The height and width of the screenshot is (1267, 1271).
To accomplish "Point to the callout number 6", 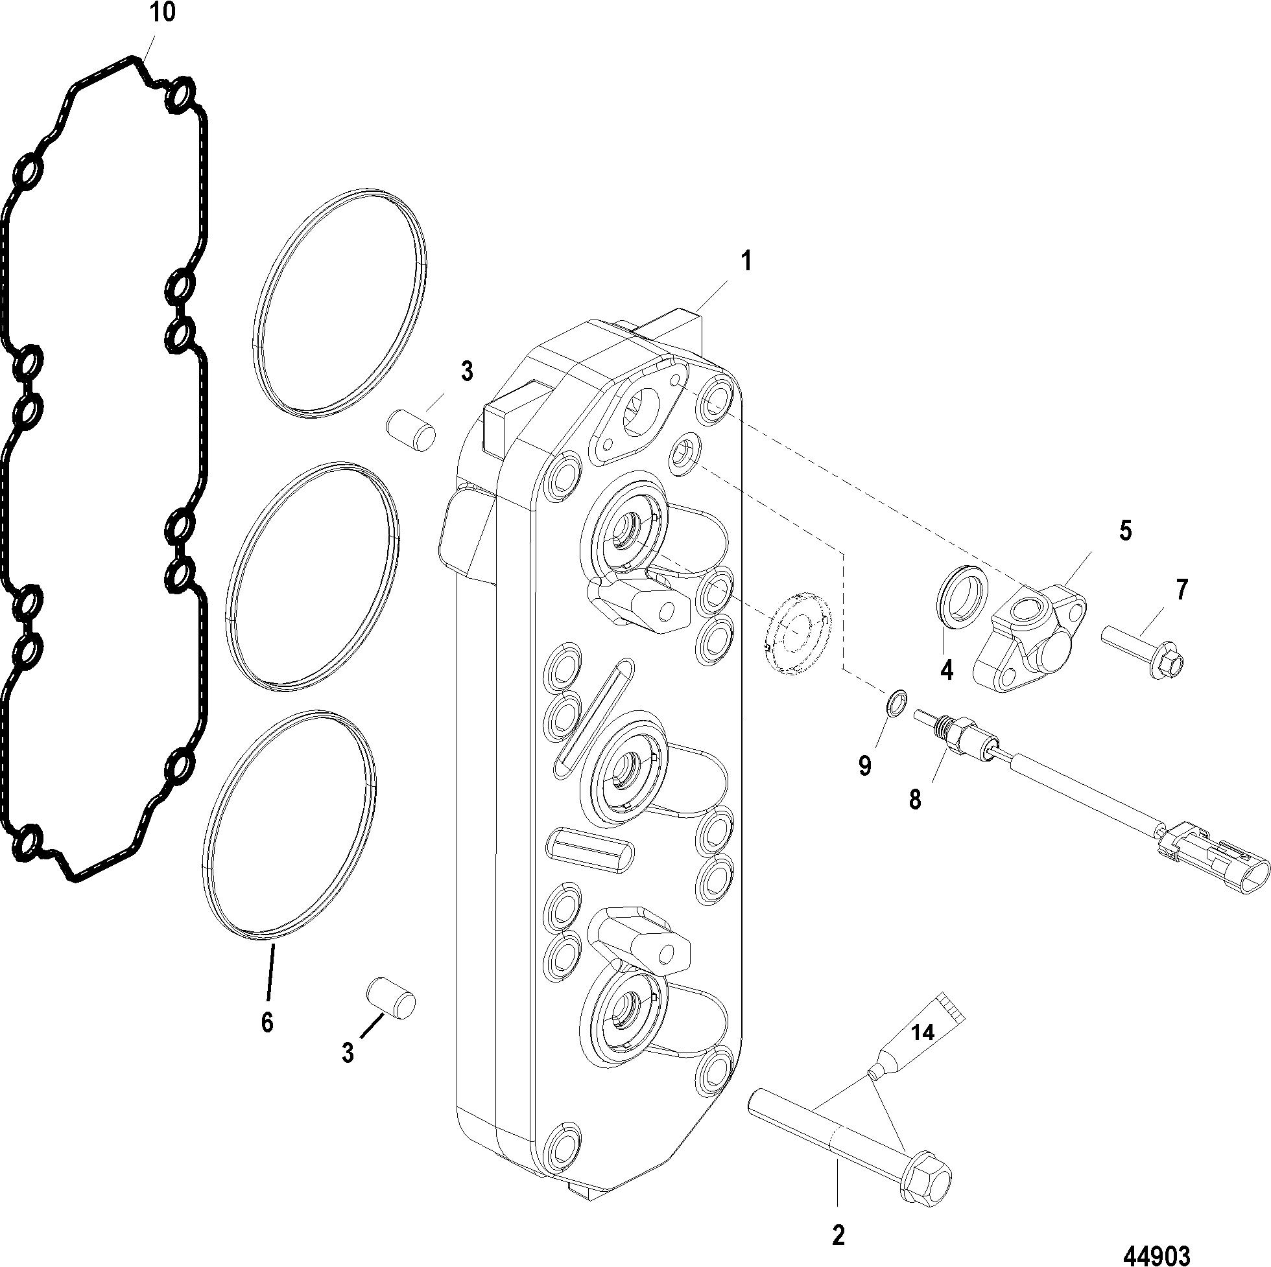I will [267, 1040].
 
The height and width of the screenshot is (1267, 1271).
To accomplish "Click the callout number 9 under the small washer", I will [865, 765].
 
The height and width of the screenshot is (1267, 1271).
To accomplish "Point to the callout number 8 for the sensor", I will [915, 800].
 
